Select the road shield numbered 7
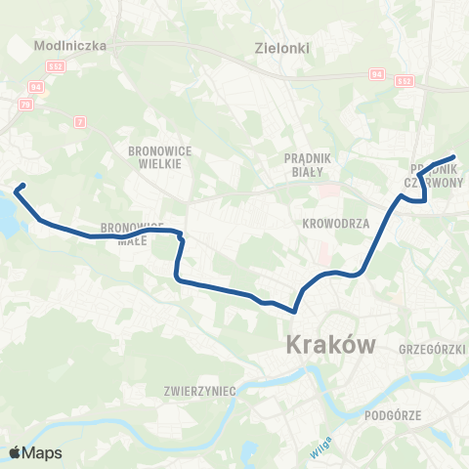pos(79,120)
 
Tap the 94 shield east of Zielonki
pos(377,72)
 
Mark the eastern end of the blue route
pos(454,156)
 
